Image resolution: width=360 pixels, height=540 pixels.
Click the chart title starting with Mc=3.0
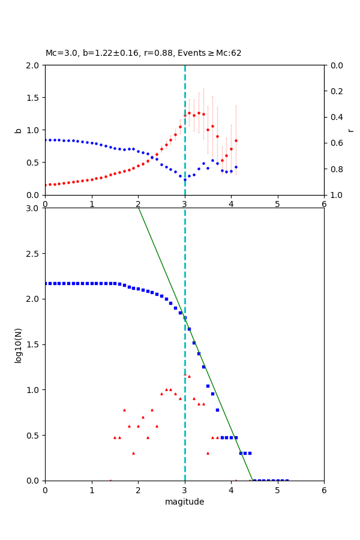coord(143,53)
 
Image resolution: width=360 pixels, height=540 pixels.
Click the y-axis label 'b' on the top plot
coord(19,130)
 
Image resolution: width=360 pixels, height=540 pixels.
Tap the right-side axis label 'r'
coord(351,130)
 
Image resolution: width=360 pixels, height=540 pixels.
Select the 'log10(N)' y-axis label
coord(19,344)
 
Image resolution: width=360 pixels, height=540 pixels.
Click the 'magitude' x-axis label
coord(184,502)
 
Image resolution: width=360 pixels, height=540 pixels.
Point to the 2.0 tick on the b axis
coord(33,65)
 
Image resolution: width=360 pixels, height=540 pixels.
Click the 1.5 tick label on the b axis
coord(33,98)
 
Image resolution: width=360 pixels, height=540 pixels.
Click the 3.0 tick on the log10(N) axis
coord(33,208)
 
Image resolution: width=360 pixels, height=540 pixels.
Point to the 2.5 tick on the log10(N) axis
coord(33,254)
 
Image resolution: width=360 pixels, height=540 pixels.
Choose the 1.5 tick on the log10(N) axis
coord(33,344)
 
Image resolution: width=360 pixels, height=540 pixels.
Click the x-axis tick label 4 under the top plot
coord(231,204)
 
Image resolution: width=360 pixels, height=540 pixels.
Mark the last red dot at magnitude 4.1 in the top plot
coord(236,140)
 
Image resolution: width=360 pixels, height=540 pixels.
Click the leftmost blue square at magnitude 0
coord(46,283)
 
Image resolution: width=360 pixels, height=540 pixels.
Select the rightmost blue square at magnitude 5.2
coord(287,480)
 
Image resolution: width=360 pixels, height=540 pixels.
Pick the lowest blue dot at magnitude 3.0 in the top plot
coord(185,179)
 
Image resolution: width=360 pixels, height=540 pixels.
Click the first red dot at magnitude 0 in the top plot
coord(46,185)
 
